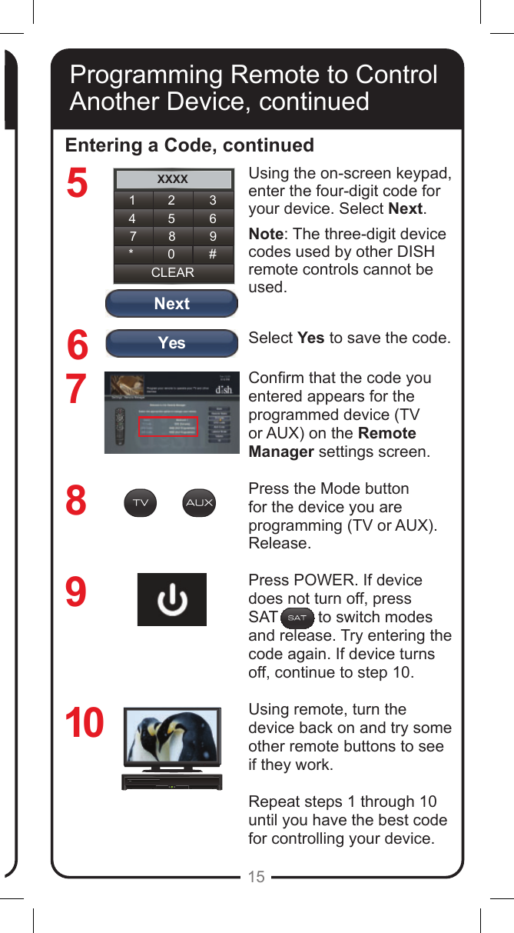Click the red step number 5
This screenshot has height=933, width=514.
(x=77, y=184)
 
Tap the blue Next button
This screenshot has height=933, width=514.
(x=171, y=304)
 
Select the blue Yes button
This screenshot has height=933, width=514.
(x=171, y=343)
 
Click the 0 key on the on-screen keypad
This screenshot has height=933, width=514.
(x=171, y=254)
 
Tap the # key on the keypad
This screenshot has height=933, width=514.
(x=212, y=254)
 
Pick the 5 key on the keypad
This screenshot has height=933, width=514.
(x=171, y=218)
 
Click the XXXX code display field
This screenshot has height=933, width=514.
(x=173, y=179)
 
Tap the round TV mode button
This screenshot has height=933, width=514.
(x=140, y=503)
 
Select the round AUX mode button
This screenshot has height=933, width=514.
(x=199, y=503)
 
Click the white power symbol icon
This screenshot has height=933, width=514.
(x=172, y=600)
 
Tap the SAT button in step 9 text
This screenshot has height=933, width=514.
(x=297, y=618)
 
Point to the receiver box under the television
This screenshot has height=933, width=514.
(x=171, y=781)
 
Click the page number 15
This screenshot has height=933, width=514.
(x=257, y=877)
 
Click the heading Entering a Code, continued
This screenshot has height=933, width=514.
(x=190, y=145)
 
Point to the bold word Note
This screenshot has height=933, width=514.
(x=265, y=235)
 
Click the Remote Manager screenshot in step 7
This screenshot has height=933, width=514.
(x=171, y=414)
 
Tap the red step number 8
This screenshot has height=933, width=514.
(x=76, y=501)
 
